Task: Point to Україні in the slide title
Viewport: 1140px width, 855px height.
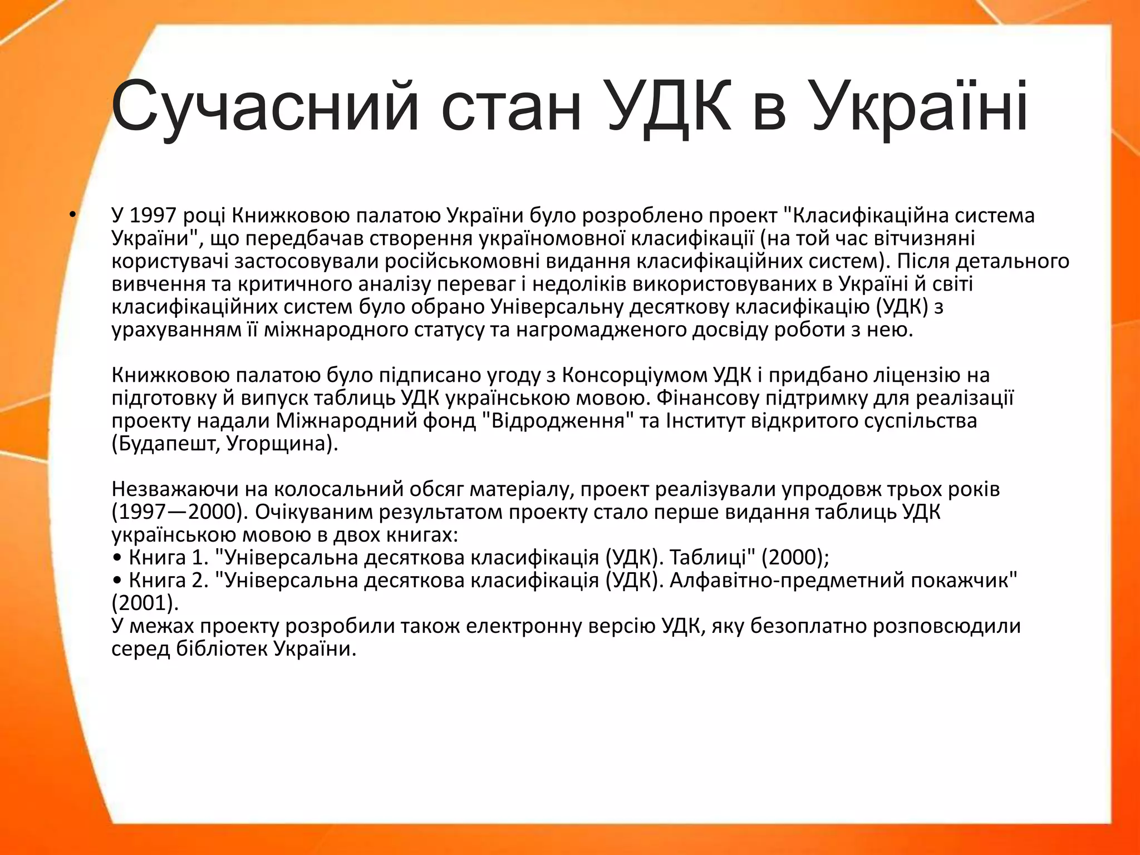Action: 918,107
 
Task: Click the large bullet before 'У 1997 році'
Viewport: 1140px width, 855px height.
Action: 72,215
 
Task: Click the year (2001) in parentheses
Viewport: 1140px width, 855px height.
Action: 145,603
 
